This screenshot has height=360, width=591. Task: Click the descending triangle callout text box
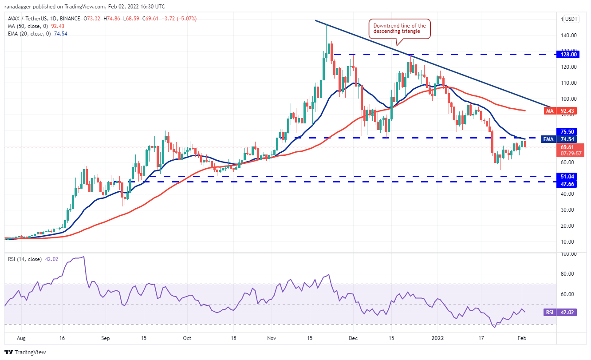(x=399, y=28)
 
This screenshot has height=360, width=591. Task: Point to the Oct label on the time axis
(x=187, y=338)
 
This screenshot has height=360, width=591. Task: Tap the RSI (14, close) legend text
(x=27, y=259)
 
